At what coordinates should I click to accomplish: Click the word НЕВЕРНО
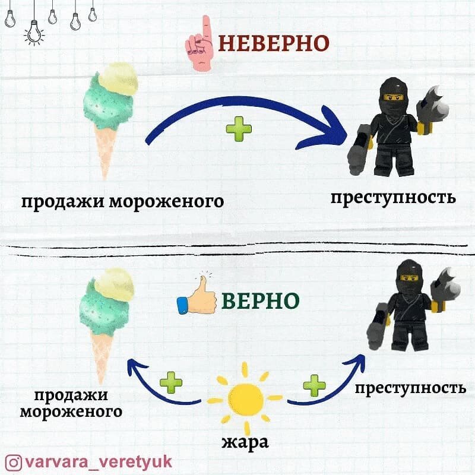[x=274, y=43]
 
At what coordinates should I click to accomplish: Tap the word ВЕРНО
[x=260, y=300]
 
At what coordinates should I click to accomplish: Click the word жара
[x=245, y=442]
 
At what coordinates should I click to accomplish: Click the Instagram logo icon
[x=14, y=461]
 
